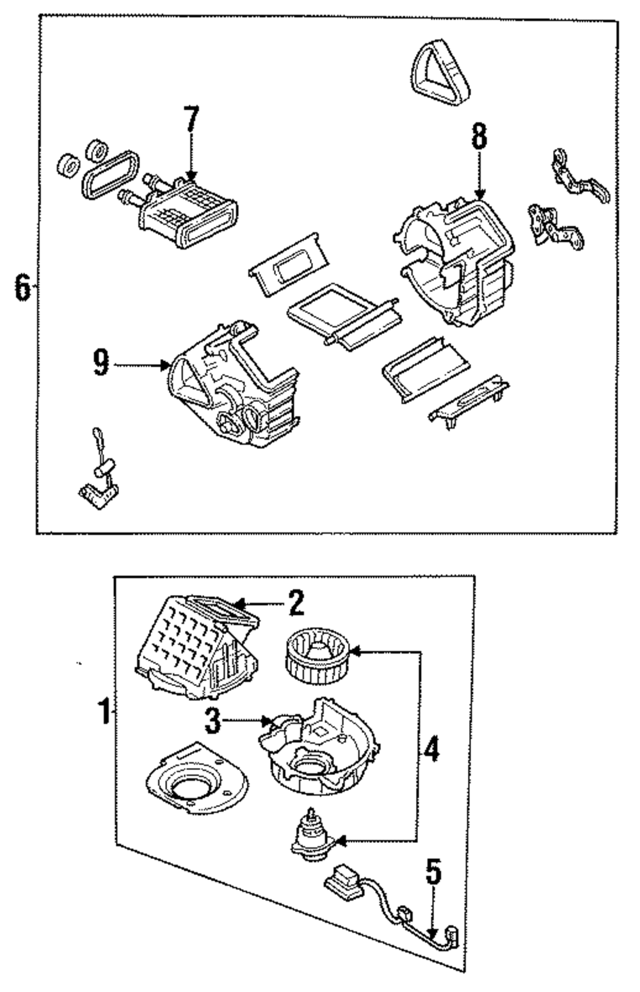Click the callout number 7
(191, 118)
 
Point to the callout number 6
(23, 287)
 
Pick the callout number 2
(296, 603)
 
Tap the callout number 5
(434, 871)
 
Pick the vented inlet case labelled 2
(196, 646)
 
